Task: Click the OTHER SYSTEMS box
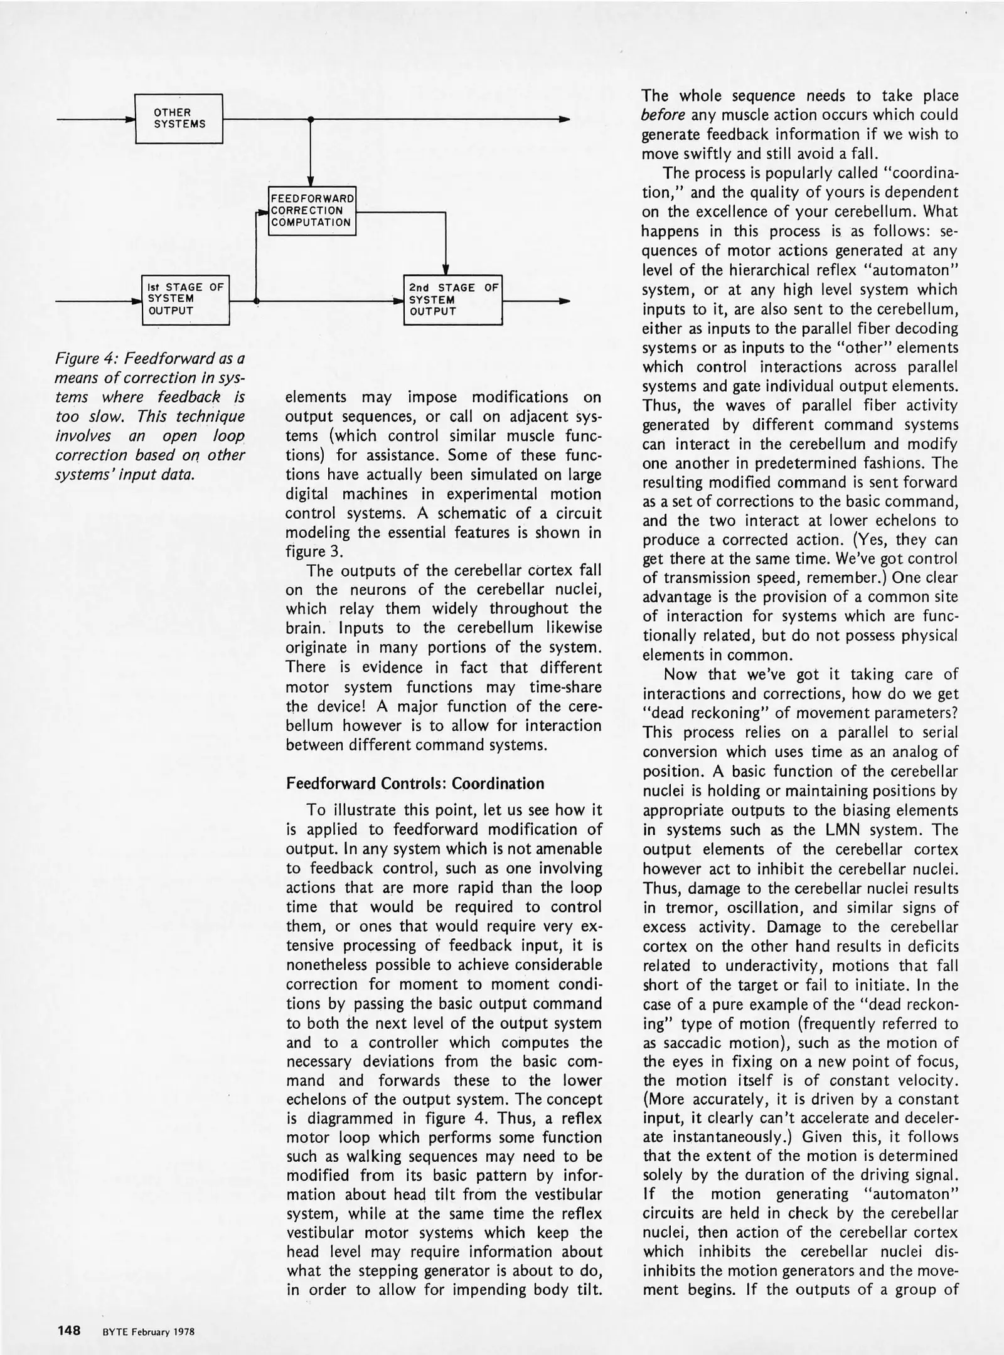pos(179,119)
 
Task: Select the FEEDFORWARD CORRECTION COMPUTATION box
pos(312,211)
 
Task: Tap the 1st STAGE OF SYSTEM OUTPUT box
pos(185,299)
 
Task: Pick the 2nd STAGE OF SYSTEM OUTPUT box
pos(452,299)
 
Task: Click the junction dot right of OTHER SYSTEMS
pos(310,119)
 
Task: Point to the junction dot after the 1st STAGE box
pos(256,302)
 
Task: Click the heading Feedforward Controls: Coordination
pos(415,784)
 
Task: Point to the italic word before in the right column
pos(663,115)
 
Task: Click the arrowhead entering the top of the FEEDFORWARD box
pos(310,181)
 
